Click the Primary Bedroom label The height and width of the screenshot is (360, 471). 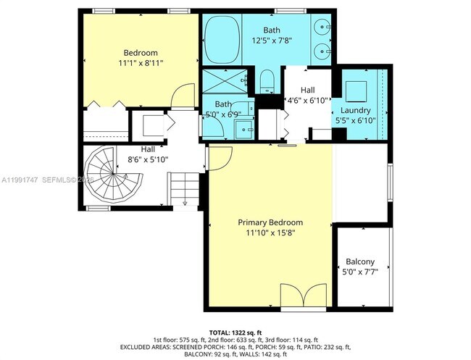coord(270,222)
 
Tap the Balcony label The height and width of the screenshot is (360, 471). coord(359,261)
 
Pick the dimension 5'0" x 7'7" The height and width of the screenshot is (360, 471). coord(359,272)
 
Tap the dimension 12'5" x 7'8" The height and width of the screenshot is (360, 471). coord(271,41)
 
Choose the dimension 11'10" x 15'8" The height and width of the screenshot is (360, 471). coord(270,233)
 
